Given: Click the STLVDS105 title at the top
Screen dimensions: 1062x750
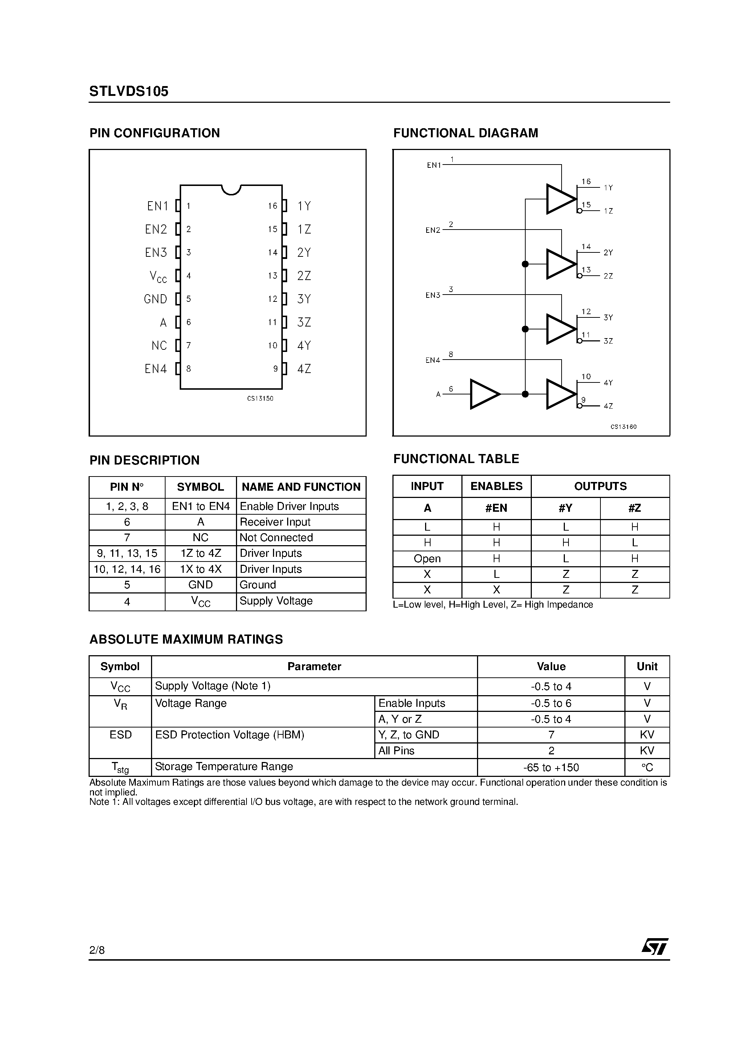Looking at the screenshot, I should (129, 92).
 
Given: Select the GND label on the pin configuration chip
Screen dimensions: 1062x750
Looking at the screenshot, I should (155, 299).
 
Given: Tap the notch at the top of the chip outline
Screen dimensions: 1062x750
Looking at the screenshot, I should (231, 189).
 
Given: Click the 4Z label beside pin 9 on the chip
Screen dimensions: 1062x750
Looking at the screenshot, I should (304, 369).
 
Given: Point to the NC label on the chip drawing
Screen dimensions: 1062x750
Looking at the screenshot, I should (159, 345).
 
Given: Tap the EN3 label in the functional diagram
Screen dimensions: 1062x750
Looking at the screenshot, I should (433, 295).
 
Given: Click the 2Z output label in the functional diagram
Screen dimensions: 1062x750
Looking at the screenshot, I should (608, 276).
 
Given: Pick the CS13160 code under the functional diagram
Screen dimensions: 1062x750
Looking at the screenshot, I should (623, 426).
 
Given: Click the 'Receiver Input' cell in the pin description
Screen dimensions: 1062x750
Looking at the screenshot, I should (275, 522).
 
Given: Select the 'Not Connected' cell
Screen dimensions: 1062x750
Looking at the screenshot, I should (276, 538).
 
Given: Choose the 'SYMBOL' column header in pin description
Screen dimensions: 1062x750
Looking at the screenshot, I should (200, 487).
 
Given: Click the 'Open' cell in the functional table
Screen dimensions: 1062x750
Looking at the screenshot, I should (427, 559).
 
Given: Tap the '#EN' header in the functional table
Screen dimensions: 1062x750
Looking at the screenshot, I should (496, 508).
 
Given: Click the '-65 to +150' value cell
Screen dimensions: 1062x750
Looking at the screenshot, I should (551, 768).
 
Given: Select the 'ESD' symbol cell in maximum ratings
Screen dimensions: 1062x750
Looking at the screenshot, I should (120, 735).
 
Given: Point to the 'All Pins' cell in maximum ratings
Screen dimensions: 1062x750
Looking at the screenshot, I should (396, 751).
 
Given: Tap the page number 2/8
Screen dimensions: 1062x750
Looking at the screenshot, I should (97, 950).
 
